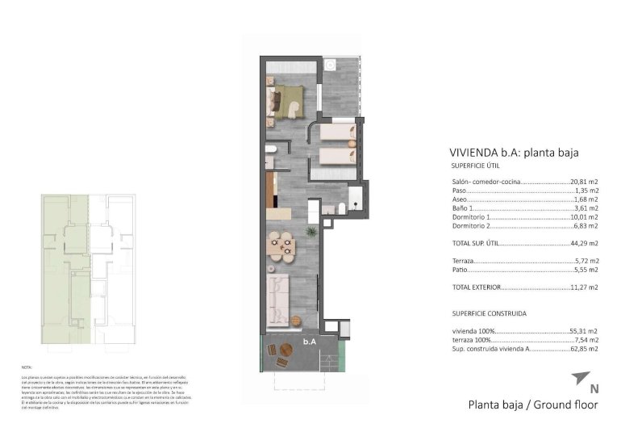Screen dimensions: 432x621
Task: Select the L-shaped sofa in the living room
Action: coord(278,296)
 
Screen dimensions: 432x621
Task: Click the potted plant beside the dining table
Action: coord(310,233)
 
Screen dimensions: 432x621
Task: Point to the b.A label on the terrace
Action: coord(309,342)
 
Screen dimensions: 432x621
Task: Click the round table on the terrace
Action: coord(285,351)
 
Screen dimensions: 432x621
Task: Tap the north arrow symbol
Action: coord(580,378)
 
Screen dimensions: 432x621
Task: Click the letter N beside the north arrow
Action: coord(594,388)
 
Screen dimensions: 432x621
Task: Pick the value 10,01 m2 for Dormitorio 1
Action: coord(584,216)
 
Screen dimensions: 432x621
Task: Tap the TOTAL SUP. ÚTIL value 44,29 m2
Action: coord(584,243)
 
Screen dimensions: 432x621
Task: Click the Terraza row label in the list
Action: coord(464,261)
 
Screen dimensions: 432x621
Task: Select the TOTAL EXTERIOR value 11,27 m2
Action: coord(584,287)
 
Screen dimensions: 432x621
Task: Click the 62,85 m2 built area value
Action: coord(584,349)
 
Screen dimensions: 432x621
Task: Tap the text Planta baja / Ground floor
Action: coord(533,405)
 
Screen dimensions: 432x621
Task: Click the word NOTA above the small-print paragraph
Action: coord(27,367)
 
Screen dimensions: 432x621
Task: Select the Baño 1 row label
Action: coord(463,208)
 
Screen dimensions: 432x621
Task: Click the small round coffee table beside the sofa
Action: coord(300,317)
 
